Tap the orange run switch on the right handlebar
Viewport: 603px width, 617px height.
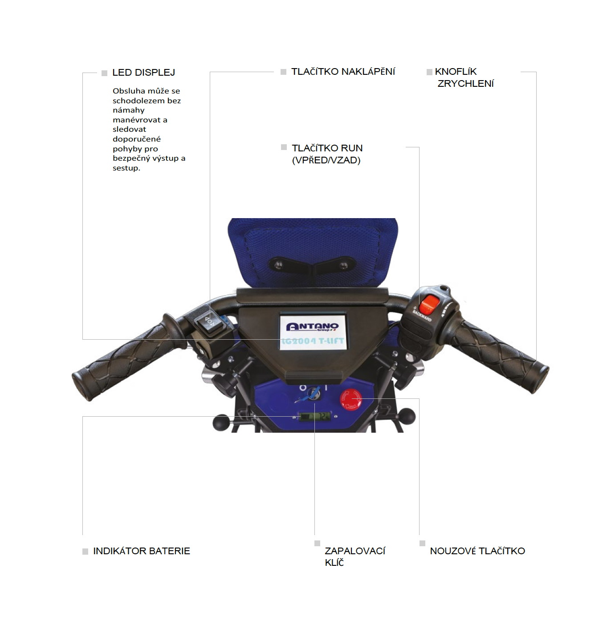click(429, 304)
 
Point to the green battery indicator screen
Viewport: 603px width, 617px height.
click(315, 416)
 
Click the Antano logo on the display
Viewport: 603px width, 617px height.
click(313, 327)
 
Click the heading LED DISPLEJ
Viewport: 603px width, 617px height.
click(144, 73)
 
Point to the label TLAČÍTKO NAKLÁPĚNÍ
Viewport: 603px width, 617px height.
click(343, 71)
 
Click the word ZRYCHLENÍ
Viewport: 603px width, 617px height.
click(465, 83)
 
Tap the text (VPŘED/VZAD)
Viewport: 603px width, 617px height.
click(326, 160)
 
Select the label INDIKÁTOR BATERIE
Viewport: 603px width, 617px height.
click(142, 551)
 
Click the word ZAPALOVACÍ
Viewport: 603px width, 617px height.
click(355, 551)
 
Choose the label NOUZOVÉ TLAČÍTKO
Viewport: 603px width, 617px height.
click(477, 551)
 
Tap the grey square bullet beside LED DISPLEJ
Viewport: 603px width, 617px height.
click(104, 73)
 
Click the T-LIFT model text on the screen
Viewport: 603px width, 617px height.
click(331, 341)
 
